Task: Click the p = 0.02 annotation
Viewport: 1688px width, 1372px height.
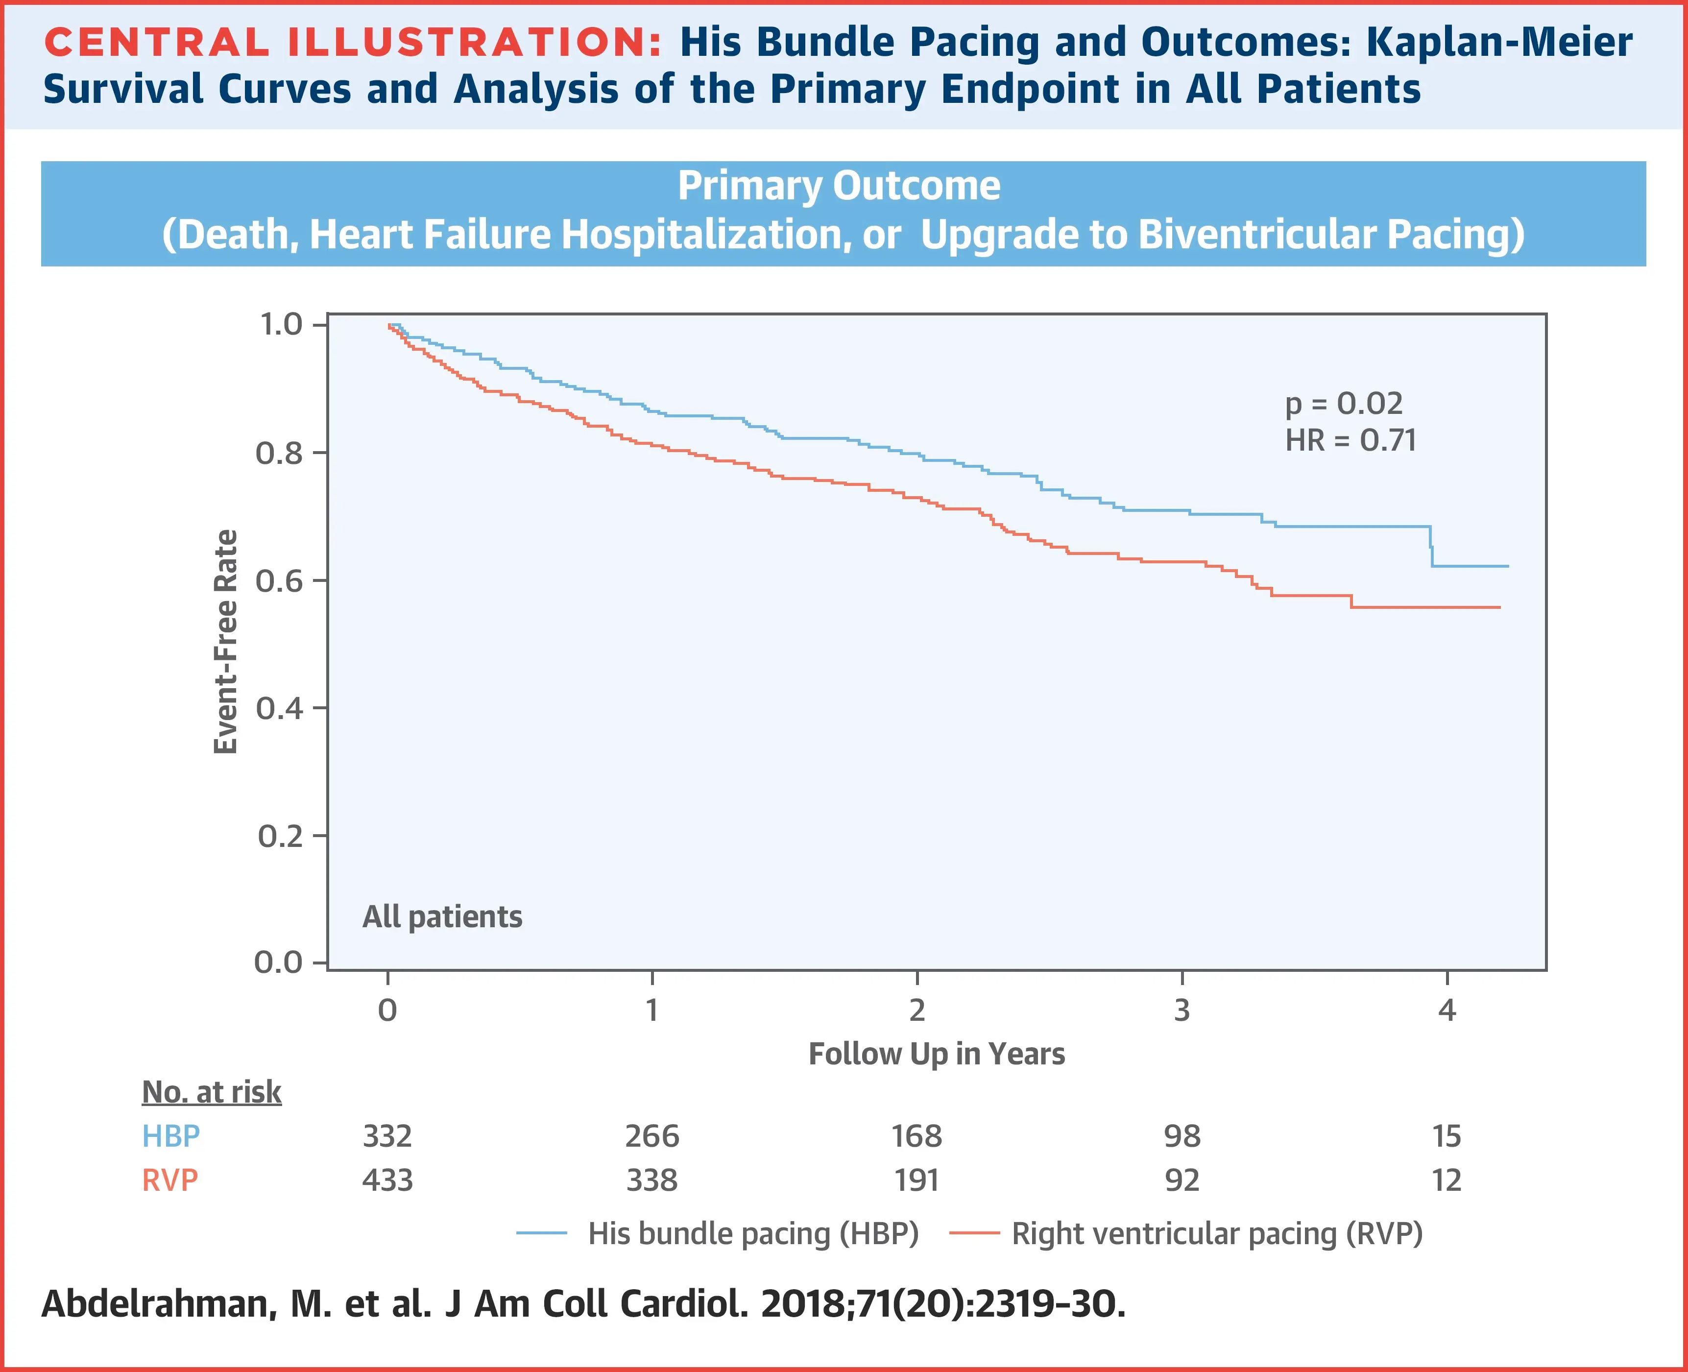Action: pyautogui.click(x=1344, y=404)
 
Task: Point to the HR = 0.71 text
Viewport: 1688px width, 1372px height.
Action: pyautogui.click(x=1350, y=440)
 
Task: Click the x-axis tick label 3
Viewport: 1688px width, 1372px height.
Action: pyautogui.click(x=1182, y=1010)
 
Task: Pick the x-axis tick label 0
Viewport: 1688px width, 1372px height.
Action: pyautogui.click(x=387, y=1010)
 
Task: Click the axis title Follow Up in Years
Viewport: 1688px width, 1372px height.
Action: pyautogui.click(x=937, y=1054)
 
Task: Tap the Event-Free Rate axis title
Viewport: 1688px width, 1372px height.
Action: pyautogui.click(x=226, y=642)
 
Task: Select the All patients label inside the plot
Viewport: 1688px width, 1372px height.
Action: pyautogui.click(x=442, y=917)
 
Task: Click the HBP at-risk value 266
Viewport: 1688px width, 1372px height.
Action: pyautogui.click(x=652, y=1136)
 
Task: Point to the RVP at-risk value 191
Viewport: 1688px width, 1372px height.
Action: pyautogui.click(x=916, y=1181)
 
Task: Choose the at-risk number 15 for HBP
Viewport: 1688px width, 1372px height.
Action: pyautogui.click(x=1446, y=1136)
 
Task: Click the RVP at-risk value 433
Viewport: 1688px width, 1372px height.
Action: pyautogui.click(x=387, y=1181)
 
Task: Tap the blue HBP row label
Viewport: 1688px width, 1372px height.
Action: pyautogui.click(x=170, y=1136)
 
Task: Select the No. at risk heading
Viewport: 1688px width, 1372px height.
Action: pyautogui.click(x=211, y=1092)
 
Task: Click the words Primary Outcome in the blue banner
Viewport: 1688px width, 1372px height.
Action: pyautogui.click(x=839, y=187)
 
